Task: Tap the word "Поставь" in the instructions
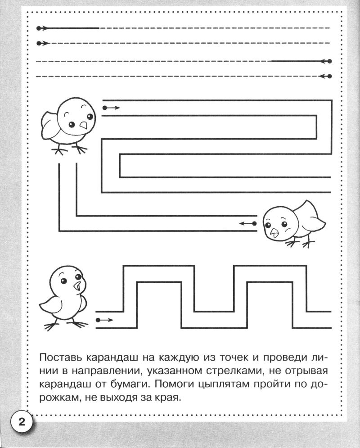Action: coord(60,357)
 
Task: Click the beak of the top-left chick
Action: coord(83,125)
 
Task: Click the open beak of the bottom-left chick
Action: coord(77,286)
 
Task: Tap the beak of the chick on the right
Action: coord(275,233)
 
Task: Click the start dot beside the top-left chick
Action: coord(104,108)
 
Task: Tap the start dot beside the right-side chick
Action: coord(254,223)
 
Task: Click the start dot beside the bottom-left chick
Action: coord(98,320)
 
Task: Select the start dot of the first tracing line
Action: coord(38,28)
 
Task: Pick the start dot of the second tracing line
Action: coord(38,43)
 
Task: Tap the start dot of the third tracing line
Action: coord(330,61)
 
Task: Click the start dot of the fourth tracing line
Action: coord(330,76)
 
